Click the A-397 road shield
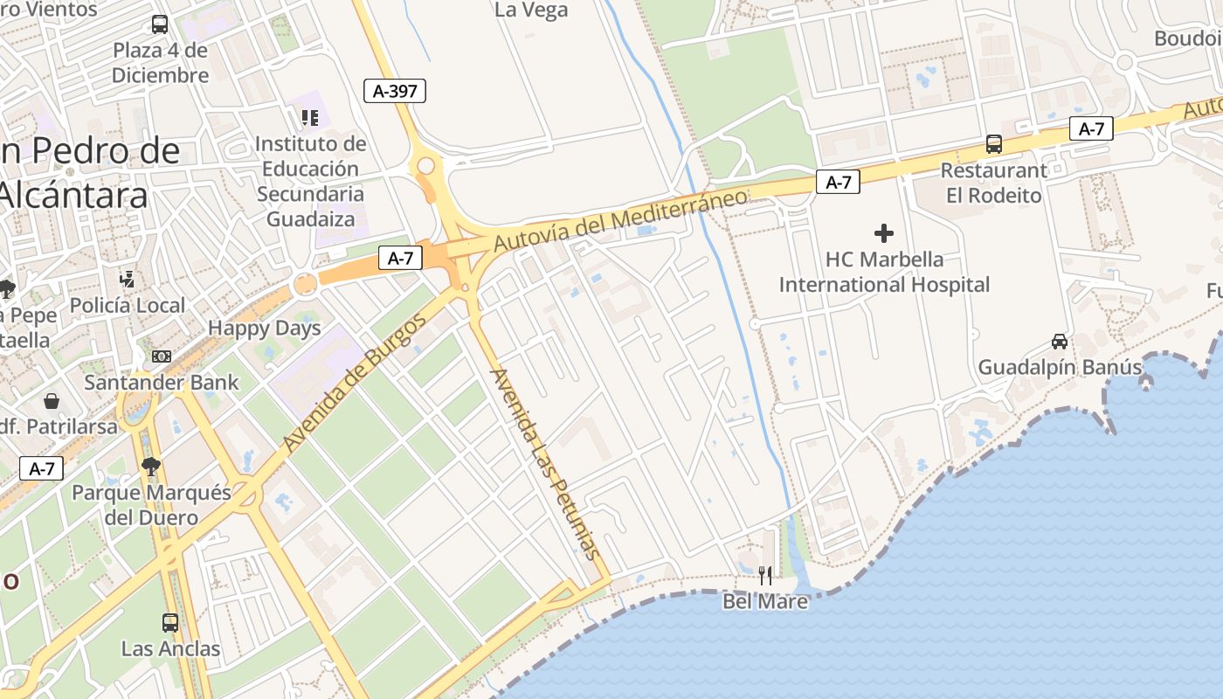pyautogui.click(x=395, y=90)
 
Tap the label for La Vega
pyautogui.click(x=531, y=10)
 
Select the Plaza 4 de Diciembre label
pyautogui.click(x=161, y=63)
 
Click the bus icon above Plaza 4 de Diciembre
pyautogui.click(x=160, y=24)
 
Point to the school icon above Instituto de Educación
pyautogui.click(x=310, y=117)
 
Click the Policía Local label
pyautogui.click(x=128, y=306)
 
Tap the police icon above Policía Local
pyautogui.click(x=128, y=280)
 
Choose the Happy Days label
pyautogui.click(x=265, y=329)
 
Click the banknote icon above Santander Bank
pyautogui.click(x=161, y=356)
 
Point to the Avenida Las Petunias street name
pyautogui.click(x=546, y=464)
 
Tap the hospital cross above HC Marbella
pyautogui.click(x=884, y=233)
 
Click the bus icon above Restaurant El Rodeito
pyautogui.click(x=994, y=144)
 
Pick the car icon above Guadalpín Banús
pyautogui.click(x=1060, y=342)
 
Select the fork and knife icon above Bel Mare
pyautogui.click(x=765, y=575)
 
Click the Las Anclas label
pyautogui.click(x=171, y=649)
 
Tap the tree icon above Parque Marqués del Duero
pyautogui.click(x=151, y=467)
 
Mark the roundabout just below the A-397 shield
pyautogui.click(x=426, y=164)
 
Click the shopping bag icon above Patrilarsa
pyautogui.click(x=52, y=401)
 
